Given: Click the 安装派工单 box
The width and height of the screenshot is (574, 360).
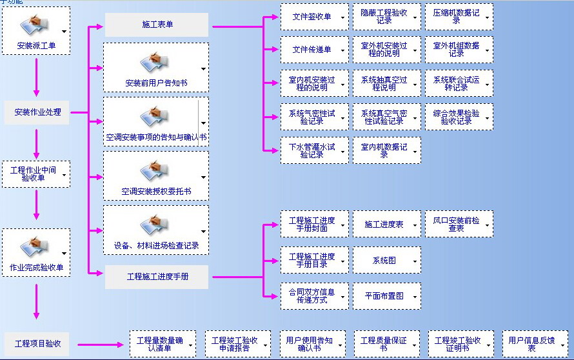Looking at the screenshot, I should (x=36, y=30).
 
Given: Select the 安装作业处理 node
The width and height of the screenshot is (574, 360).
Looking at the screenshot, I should (x=37, y=112).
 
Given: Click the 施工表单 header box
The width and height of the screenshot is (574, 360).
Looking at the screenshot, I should (x=157, y=25).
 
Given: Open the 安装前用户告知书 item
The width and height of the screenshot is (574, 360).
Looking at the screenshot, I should (x=156, y=67).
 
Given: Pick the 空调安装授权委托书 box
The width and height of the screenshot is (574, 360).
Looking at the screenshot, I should (x=156, y=175).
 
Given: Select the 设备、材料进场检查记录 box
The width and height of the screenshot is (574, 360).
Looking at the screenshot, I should (x=156, y=230).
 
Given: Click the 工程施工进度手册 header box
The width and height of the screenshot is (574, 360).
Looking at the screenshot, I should (x=157, y=277).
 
